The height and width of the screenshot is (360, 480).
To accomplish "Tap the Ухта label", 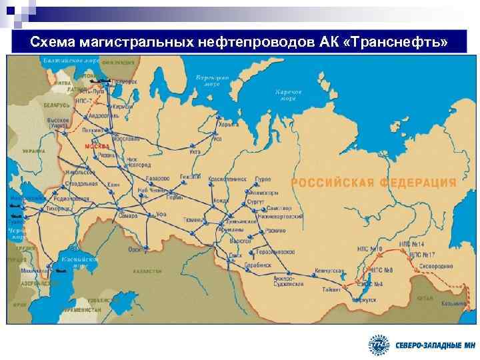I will coord(195,153).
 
